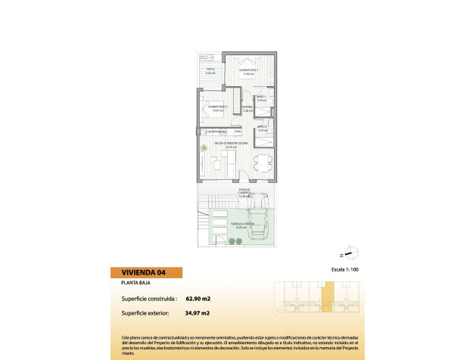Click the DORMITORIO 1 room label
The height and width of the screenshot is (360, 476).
248,71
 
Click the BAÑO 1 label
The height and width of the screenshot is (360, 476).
260,97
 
